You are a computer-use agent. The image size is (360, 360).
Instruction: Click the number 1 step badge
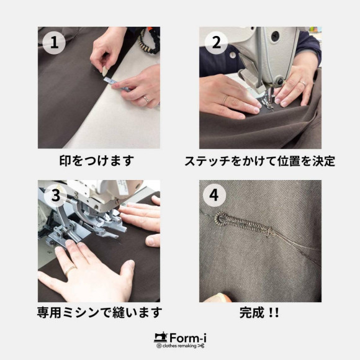point(54,43)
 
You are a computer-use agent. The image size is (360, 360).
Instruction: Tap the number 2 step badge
point(216,43)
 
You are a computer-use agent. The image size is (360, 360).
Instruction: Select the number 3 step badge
point(55,196)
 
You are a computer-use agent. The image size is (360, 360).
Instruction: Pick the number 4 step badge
point(214,196)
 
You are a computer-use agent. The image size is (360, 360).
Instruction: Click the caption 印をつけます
point(96,161)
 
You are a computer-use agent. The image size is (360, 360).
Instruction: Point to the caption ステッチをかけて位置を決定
point(260,161)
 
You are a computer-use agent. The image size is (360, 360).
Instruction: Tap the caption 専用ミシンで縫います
point(99,312)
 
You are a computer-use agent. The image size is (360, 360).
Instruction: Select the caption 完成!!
point(259,312)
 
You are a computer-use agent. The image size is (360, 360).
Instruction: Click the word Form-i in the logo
point(188,338)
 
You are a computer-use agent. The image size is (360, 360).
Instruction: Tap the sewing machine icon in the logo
point(161,337)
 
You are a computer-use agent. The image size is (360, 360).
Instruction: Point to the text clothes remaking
point(179,346)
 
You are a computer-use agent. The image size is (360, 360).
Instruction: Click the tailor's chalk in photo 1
point(105,71)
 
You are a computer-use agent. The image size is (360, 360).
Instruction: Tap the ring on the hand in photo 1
point(146,99)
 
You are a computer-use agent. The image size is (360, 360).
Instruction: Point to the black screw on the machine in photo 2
point(275,36)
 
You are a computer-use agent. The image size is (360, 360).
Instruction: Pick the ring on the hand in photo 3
point(70,271)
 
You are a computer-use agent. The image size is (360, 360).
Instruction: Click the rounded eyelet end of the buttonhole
point(221,218)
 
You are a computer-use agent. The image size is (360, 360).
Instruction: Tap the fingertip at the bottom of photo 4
point(217,297)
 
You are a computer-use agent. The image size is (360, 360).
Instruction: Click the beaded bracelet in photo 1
point(149,42)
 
